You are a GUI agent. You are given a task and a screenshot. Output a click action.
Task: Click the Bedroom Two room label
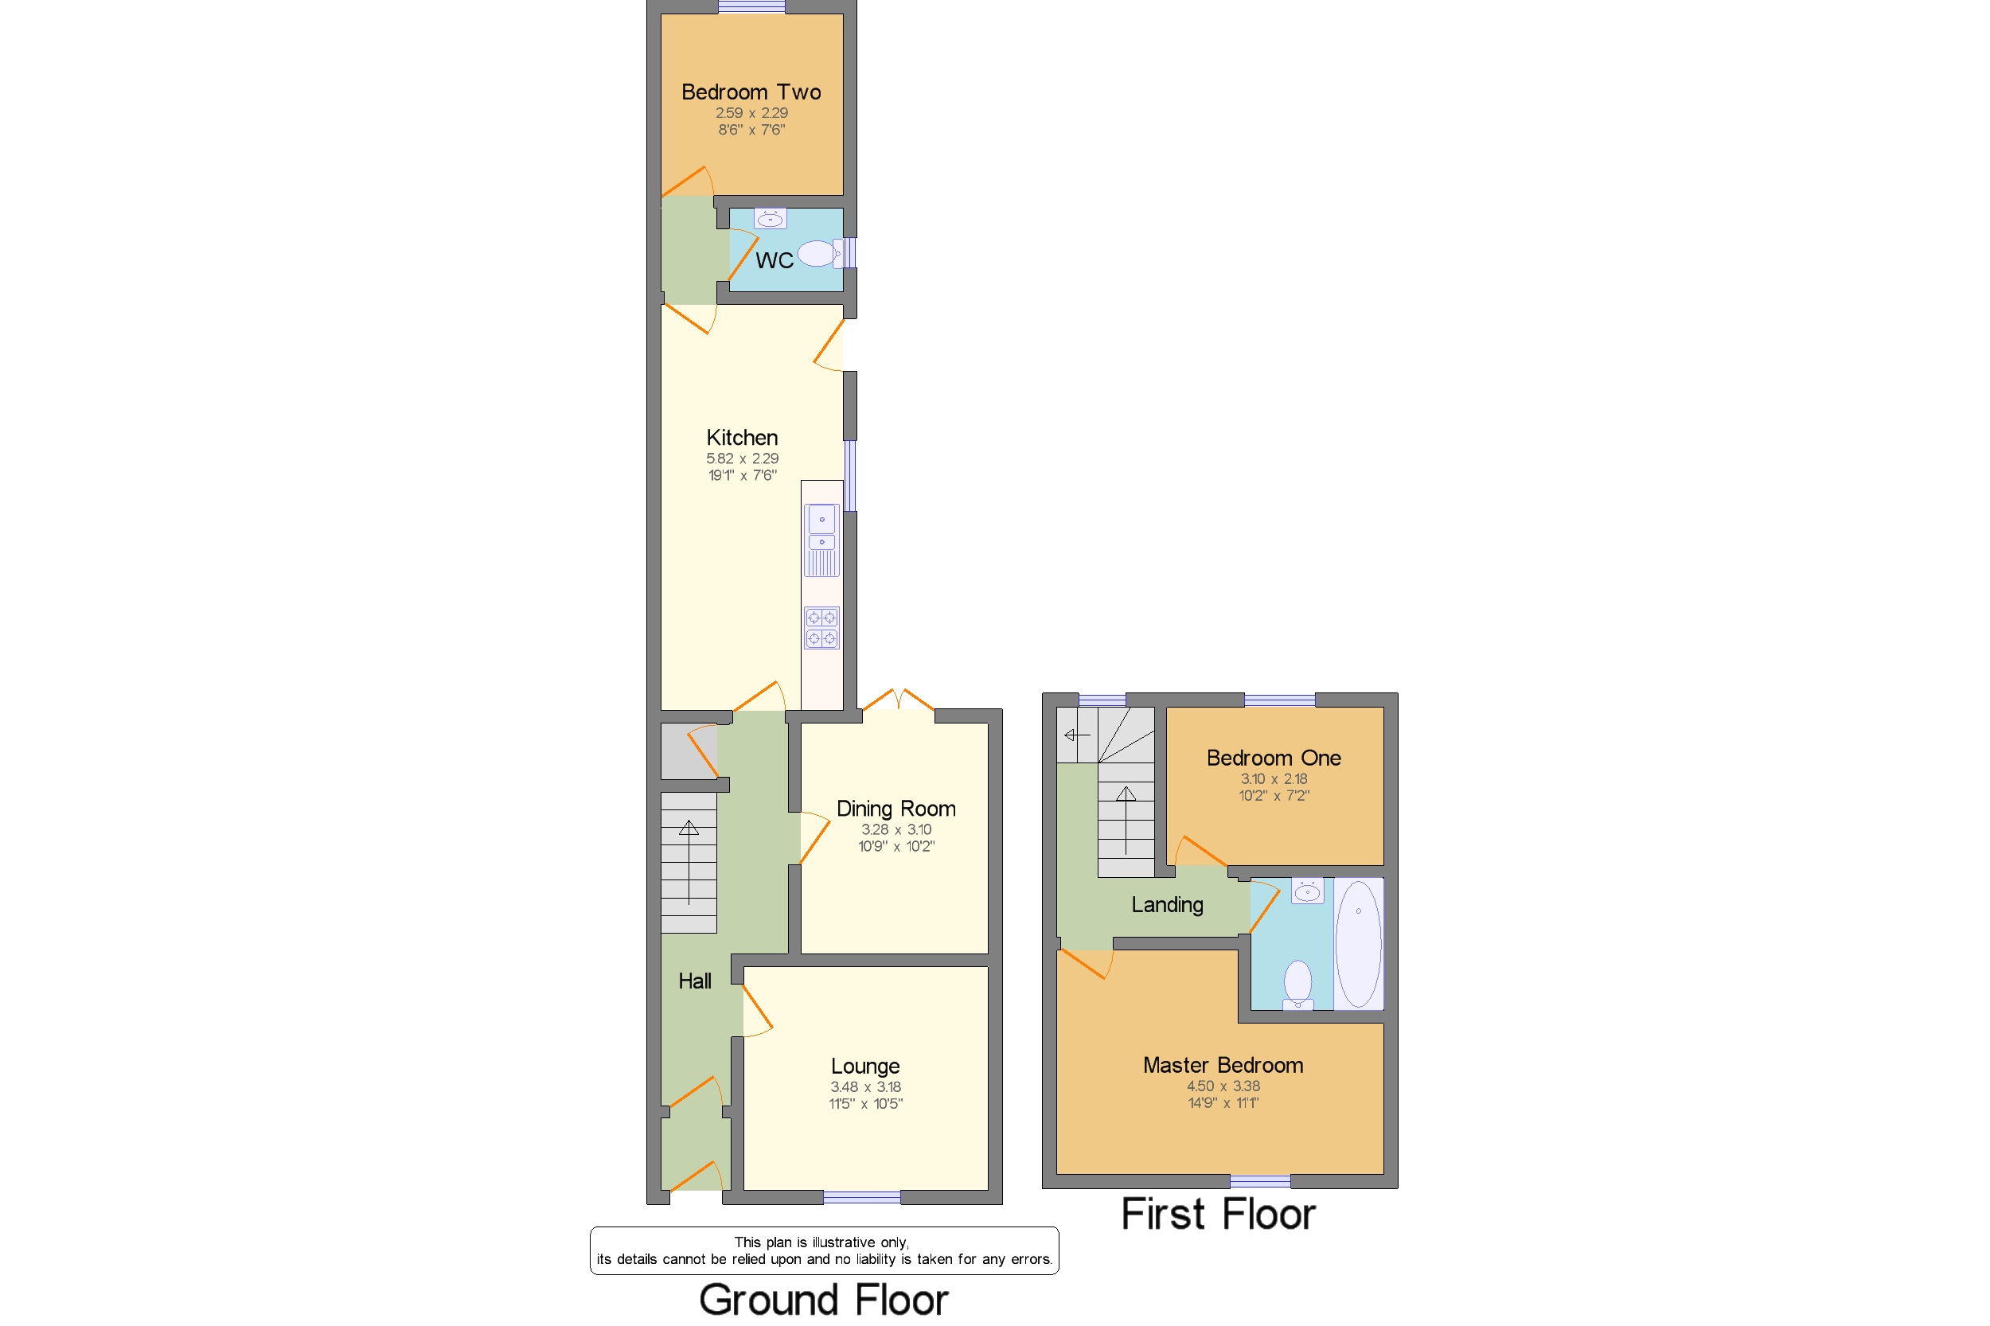tap(751, 92)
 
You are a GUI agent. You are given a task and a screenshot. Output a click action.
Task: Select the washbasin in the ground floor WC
tap(770, 219)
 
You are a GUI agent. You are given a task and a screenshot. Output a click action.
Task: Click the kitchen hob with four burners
tap(821, 627)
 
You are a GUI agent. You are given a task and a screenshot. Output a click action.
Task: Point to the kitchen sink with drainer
tap(821, 540)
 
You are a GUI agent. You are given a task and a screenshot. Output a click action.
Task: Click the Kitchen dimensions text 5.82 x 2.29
tap(743, 458)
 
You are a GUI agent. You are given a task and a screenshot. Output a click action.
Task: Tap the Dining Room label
tap(895, 809)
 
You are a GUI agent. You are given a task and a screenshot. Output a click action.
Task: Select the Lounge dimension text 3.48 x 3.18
tap(865, 1086)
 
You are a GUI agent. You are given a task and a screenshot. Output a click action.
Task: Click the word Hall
tap(694, 981)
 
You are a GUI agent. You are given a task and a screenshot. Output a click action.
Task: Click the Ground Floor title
tap(824, 1300)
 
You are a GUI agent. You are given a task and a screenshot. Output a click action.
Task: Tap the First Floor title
tap(1218, 1215)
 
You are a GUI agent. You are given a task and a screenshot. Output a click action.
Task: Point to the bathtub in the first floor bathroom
tap(1358, 944)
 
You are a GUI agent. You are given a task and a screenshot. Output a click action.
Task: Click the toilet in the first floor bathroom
tap(1297, 985)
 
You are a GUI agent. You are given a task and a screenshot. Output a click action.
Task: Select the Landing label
tap(1167, 905)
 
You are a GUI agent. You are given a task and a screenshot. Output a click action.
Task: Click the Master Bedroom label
tap(1223, 1065)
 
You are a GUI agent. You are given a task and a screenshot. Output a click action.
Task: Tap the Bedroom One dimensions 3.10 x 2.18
tap(1274, 779)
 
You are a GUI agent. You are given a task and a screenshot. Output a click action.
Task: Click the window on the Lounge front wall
tap(862, 1196)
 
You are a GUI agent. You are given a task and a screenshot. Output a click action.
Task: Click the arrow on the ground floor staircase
tap(689, 862)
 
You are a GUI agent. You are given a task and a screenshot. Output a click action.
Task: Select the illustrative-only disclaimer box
tap(824, 1250)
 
